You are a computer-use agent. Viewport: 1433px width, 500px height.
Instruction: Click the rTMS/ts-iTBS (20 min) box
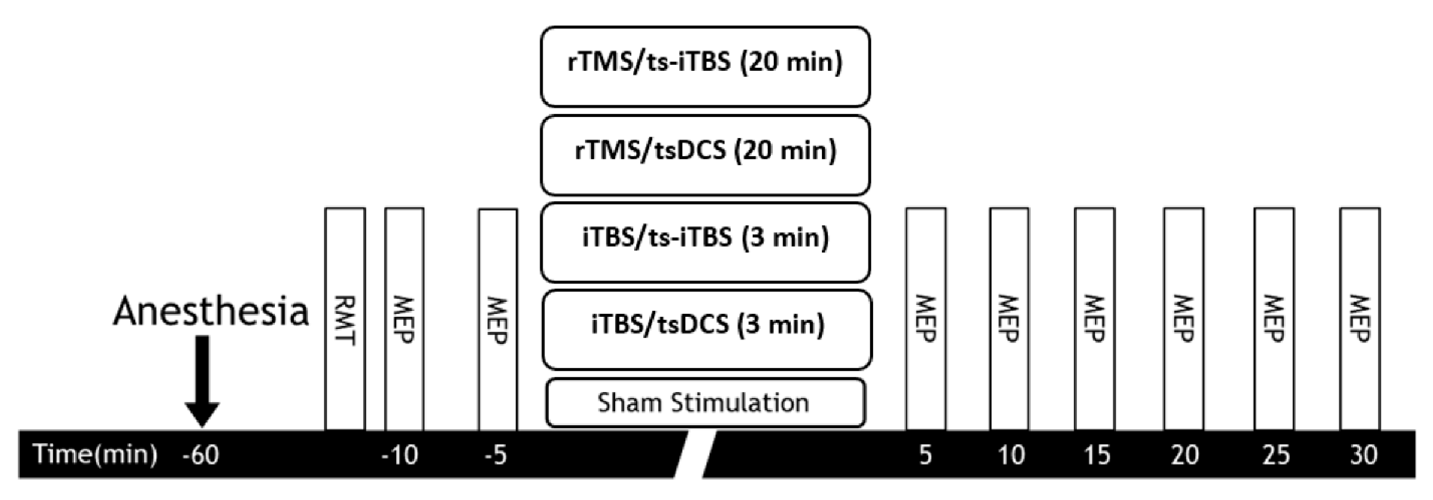tap(705, 67)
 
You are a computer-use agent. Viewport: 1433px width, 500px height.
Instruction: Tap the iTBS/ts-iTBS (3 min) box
tap(705, 242)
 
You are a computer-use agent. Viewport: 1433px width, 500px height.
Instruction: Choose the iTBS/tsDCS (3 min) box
tap(706, 329)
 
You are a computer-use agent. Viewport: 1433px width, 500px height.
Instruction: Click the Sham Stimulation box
tap(705, 403)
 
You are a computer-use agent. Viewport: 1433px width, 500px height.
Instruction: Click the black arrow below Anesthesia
tap(202, 381)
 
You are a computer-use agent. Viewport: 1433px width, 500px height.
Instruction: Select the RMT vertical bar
tap(345, 319)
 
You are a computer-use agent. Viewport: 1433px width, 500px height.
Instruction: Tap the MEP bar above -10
tap(404, 319)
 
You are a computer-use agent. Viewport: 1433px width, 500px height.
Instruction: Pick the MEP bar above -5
tap(498, 319)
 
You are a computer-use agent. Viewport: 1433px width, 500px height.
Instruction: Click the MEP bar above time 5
tap(926, 319)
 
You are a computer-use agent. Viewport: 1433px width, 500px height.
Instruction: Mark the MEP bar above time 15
tap(1095, 319)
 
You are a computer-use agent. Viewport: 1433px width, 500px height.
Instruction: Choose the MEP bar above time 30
tap(1359, 319)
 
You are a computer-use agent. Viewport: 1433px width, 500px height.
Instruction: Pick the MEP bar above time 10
tap(1009, 319)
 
